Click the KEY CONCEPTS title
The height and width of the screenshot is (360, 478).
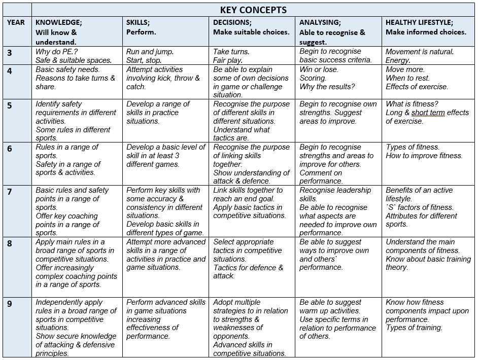tap(254, 10)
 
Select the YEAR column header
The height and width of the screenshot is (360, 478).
tap(16, 23)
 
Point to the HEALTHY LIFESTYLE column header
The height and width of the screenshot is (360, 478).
tap(419, 23)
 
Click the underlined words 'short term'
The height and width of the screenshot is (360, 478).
tap(428, 113)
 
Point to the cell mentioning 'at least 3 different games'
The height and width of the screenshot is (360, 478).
tap(166, 156)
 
